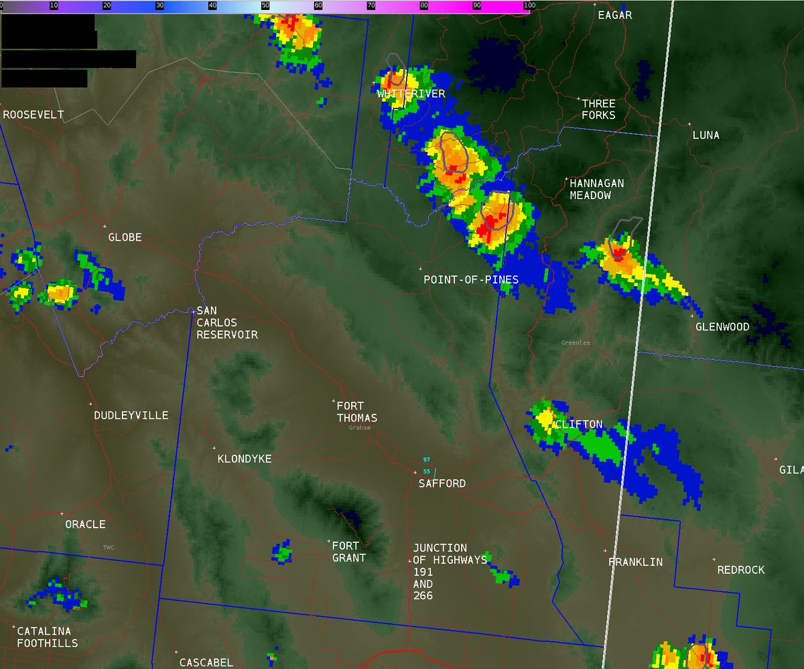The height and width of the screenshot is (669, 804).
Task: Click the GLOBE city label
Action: (125, 237)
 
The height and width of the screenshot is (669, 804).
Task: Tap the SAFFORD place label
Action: (442, 483)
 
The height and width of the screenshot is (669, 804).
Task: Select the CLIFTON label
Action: (578, 424)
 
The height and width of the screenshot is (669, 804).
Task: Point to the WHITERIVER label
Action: (411, 94)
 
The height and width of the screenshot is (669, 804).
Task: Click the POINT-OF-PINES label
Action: (471, 279)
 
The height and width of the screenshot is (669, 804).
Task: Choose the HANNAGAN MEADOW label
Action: (596, 189)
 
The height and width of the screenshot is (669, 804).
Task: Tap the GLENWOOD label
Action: (722, 327)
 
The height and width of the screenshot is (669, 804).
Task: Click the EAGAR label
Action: (615, 15)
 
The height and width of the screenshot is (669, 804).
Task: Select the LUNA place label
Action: (706, 135)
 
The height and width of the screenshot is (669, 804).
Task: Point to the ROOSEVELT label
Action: (33, 115)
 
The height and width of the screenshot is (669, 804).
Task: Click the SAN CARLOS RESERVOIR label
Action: (226, 322)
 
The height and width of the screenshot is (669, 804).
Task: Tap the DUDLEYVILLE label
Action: (131, 416)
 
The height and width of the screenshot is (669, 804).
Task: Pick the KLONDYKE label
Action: (245, 459)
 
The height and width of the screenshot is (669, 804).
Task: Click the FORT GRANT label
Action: (349, 552)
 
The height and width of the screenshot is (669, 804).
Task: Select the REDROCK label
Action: (741, 570)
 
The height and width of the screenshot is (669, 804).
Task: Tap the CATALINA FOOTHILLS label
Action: (47, 637)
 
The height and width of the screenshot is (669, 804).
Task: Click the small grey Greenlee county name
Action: (576, 343)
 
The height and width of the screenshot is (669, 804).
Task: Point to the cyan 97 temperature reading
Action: (426, 460)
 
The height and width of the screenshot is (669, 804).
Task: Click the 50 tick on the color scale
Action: (266, 5)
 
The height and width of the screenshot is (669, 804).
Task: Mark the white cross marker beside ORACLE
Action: (62, 513)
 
